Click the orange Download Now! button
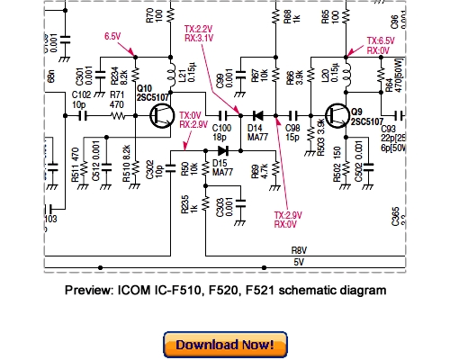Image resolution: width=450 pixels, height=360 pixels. pyautogui.click(x=224, y=345)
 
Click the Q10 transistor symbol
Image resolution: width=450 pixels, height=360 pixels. pyautogui.click(x=163, y=115)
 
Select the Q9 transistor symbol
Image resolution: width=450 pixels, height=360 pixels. pyautogui.click(x=337, y=115)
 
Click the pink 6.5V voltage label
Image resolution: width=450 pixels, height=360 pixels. pyautogui.click(x=112, y=36)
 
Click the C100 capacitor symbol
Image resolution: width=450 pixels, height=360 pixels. pyautogui.click(x=220, y=115)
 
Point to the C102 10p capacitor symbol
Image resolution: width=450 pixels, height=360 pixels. pyautogui.click(x=83, y=115)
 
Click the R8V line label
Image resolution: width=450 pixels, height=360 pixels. pyautogui.click(x=296, y=252)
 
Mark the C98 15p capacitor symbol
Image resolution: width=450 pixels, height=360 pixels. pyautogui.click(x=293, y=115)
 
